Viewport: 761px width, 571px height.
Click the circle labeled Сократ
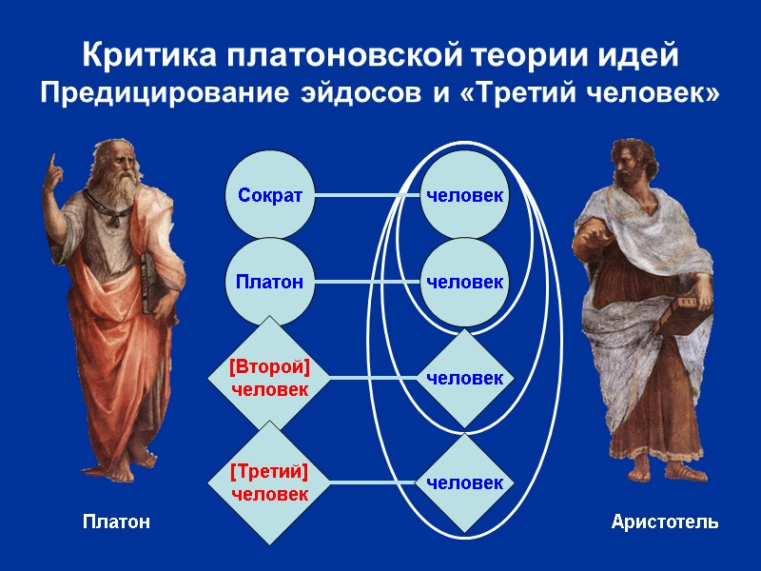tap(270, 196)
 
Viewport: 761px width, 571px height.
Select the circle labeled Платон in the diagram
tap(270, 282)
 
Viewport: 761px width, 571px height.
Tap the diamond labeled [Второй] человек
tap(270, 378)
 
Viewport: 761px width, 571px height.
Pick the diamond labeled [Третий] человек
tap(270, 482)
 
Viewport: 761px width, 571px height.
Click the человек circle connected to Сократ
tap(464, 196)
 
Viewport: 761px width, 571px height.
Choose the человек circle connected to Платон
tap(464, 282)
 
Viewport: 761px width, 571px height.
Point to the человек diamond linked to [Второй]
tap(464, 378)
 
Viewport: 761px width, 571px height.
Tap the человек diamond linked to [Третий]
tap(464, 482)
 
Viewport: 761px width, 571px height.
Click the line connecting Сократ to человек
tap(366, 196)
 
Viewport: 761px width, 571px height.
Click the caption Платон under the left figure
tap(116, 522)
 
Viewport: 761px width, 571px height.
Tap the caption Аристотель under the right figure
tap(665, 522)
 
